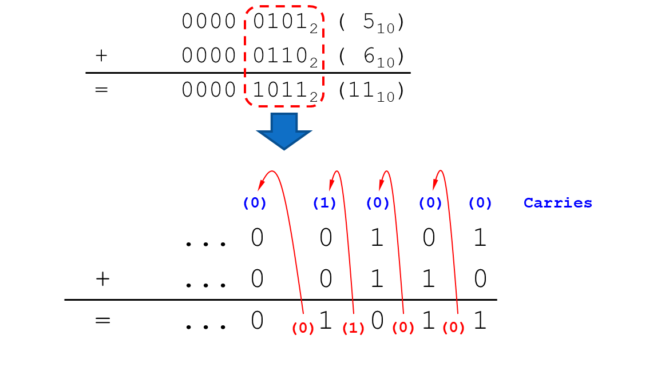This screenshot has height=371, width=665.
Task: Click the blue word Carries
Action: coord(558,203)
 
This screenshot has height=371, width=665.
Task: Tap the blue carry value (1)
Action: coord(324,204)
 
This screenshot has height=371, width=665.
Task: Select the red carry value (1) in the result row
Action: coord(353,328)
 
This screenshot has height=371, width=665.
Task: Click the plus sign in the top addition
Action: coord(101,55)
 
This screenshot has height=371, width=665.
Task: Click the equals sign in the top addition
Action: coord(101,90)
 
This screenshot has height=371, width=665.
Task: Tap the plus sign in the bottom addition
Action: coord(102,278)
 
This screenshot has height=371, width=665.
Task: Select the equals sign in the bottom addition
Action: coord(102,320)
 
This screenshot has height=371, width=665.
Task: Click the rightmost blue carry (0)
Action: coord(480,204)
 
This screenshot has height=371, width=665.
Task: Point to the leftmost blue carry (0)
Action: coord(255,204)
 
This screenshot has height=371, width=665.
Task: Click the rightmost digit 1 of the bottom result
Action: coord(480,321)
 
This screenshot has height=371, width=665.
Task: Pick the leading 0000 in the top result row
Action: coord(208,90)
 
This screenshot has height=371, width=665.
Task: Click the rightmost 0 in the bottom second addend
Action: coord(480,279)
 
